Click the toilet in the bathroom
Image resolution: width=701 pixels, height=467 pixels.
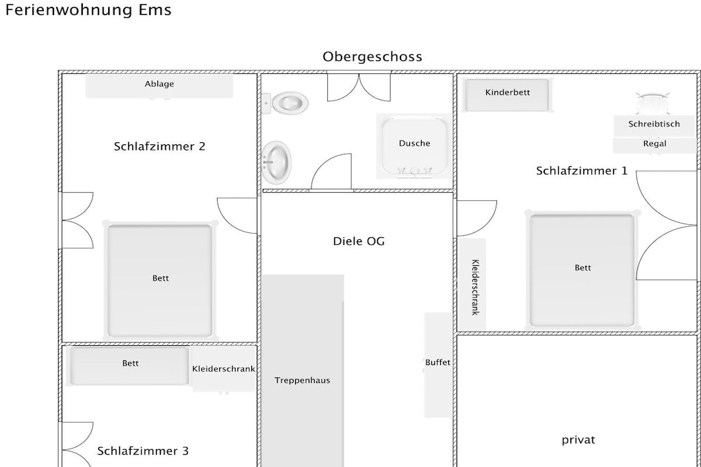coord(285,103)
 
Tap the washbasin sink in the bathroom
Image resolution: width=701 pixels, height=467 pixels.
coord(277,163)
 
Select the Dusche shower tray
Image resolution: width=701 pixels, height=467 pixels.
coord(414,146)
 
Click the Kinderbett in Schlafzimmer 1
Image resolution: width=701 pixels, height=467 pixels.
coord(507,94)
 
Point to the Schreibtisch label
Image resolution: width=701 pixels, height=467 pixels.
coord(654,124)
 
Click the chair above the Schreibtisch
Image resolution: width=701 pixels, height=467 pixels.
coord(652,103)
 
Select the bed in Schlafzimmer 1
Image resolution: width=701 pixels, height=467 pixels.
coord(582,271)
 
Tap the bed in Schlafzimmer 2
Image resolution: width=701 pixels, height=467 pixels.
coord(160,280)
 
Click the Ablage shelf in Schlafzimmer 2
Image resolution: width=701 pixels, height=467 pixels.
coord(159,85)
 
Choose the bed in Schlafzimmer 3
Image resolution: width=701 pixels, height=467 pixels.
coord(129,366)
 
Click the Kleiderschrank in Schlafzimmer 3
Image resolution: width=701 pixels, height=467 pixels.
coord(224,369)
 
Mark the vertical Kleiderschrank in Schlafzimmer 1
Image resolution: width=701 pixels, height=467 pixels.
coord(472,284)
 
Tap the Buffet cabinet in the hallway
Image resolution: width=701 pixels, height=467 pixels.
coord(437,364)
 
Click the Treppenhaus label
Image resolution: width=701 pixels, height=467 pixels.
coord(302,380)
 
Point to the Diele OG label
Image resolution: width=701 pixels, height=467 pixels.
coord(359,241)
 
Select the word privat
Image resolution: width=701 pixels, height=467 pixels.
coord(578,440)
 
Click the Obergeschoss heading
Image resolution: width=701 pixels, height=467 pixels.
coord(372,57)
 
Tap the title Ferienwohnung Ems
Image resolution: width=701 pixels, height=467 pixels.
coord(88,10)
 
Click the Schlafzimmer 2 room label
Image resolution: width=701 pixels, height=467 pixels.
coord(160,146)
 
